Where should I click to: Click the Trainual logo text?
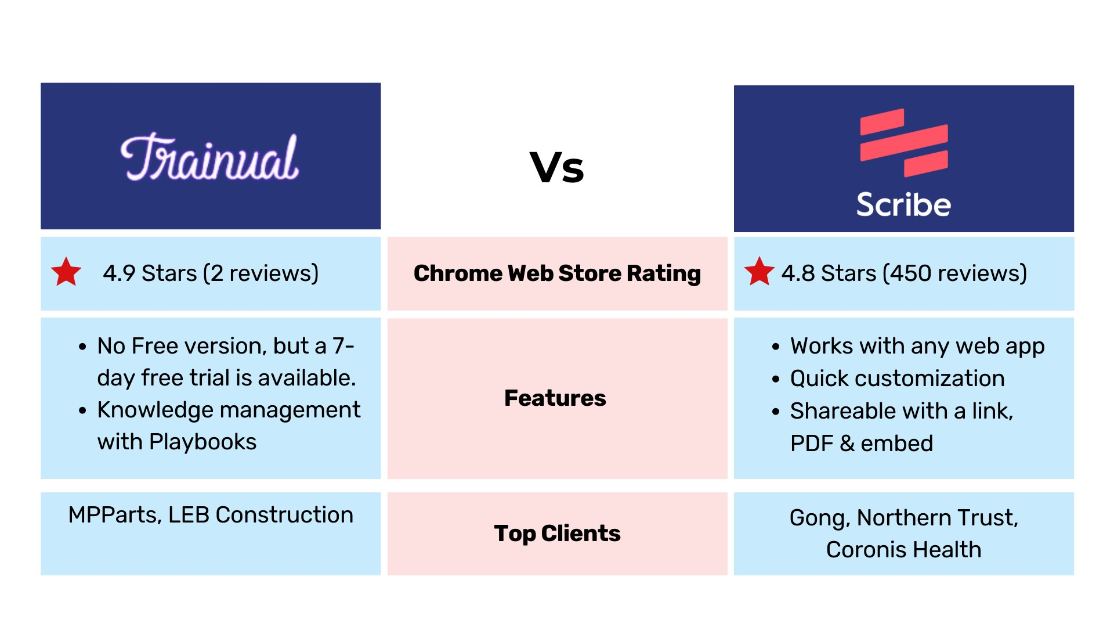click(x=210, y=157)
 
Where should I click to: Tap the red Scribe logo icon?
click(x=904, y=143)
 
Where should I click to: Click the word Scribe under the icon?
click(x=904, y=204)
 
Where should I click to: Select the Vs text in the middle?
click(x=557, y=168)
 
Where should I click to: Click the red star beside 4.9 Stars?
click(x=66, y=272)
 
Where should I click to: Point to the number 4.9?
click(x=119, y=273)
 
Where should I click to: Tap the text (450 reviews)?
click(x=954, y=273)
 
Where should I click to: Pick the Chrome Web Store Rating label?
click(x=557, y=273)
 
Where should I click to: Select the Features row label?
click(x=555, y=398)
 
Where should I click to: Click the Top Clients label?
click(x=557, y=534)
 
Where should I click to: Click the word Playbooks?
click(x=202, y=442)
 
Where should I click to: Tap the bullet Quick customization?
click(x=897, y=379)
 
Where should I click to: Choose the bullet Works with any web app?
click(x=917, y=346)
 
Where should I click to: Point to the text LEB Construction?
click(x=261, y=515)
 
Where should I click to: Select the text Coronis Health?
click(x=904, y=550)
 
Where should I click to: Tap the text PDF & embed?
click(x=862, y=444)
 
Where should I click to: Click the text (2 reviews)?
click(x=261, y=273)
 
